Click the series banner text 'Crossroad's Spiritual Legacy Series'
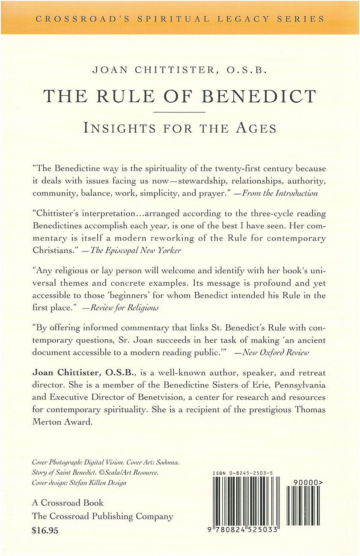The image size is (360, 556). [180, 19]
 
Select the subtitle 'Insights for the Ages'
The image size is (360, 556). [180, 128]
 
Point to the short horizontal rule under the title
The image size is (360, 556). [179, 112]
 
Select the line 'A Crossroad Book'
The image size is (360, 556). [68, 503]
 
